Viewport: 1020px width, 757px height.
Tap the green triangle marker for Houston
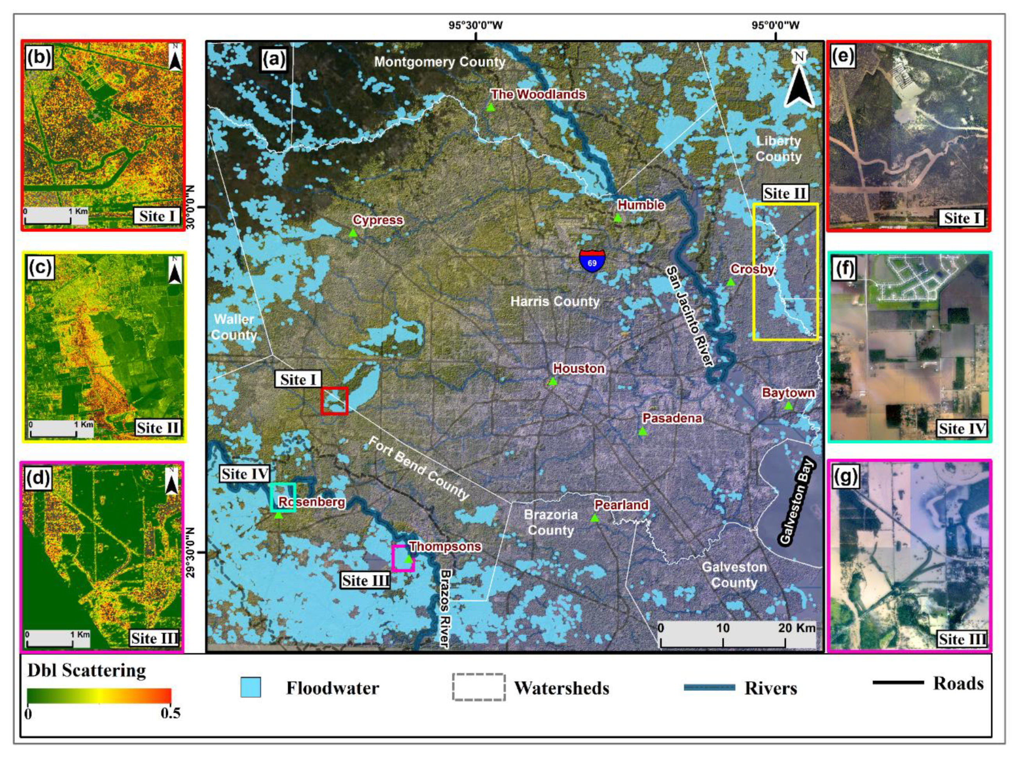coord(553,381)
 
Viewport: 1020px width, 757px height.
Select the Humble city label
coord(641,205)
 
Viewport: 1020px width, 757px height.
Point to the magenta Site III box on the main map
coord(403,558)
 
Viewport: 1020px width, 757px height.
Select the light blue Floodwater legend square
coord(251,688)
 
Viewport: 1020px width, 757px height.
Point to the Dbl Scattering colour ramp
coord(99,696)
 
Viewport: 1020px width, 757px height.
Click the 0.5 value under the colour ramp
coord(170,713)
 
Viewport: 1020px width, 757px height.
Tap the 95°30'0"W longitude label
coord(476,25)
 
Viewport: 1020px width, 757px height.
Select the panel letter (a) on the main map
coord(274,58)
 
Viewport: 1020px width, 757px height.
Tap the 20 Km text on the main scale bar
coord(797,628)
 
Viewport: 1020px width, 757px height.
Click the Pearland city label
coord(621,505)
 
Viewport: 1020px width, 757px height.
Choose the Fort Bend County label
coord(419,468)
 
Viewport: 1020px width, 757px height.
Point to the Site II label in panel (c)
coord(158,428)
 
